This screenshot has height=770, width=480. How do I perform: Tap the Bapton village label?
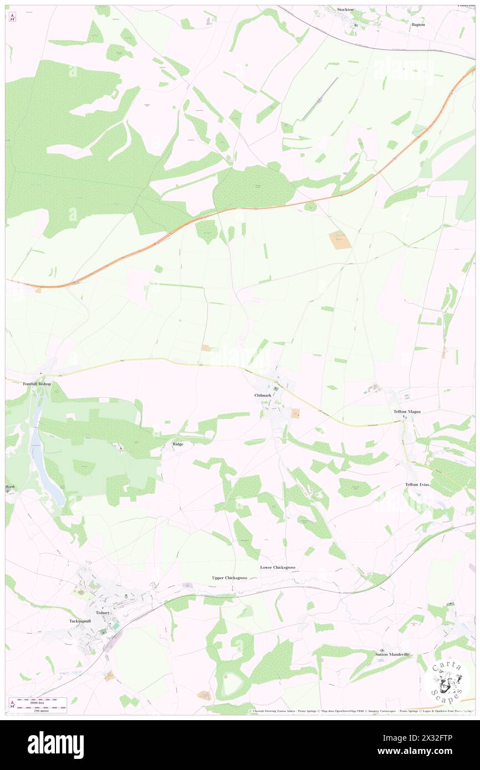(x=418, y=25)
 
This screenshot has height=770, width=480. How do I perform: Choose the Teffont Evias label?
(x=417, y=484)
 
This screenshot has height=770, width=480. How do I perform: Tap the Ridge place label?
(x=178, y=444)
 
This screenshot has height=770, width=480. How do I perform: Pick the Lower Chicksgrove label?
(x=278, y=567)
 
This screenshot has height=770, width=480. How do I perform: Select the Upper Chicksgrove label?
(x=229, y=577)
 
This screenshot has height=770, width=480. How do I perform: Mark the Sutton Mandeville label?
(x=392, y=654)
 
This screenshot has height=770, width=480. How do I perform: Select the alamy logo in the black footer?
(x=55, y=744)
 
